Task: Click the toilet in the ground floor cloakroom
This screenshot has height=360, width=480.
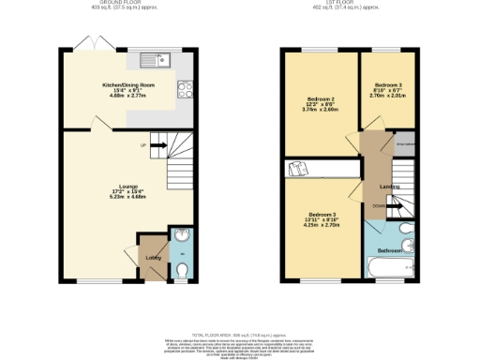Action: pyautogui.click(x=181, y=267)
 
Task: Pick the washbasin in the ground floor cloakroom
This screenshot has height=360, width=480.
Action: pyautogui.click(x=181, y=235)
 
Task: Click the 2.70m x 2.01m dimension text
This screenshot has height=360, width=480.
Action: pyautogui.click(x=383, y=95)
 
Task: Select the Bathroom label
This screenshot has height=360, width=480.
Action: pyautogui.click(x=390, y=250)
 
